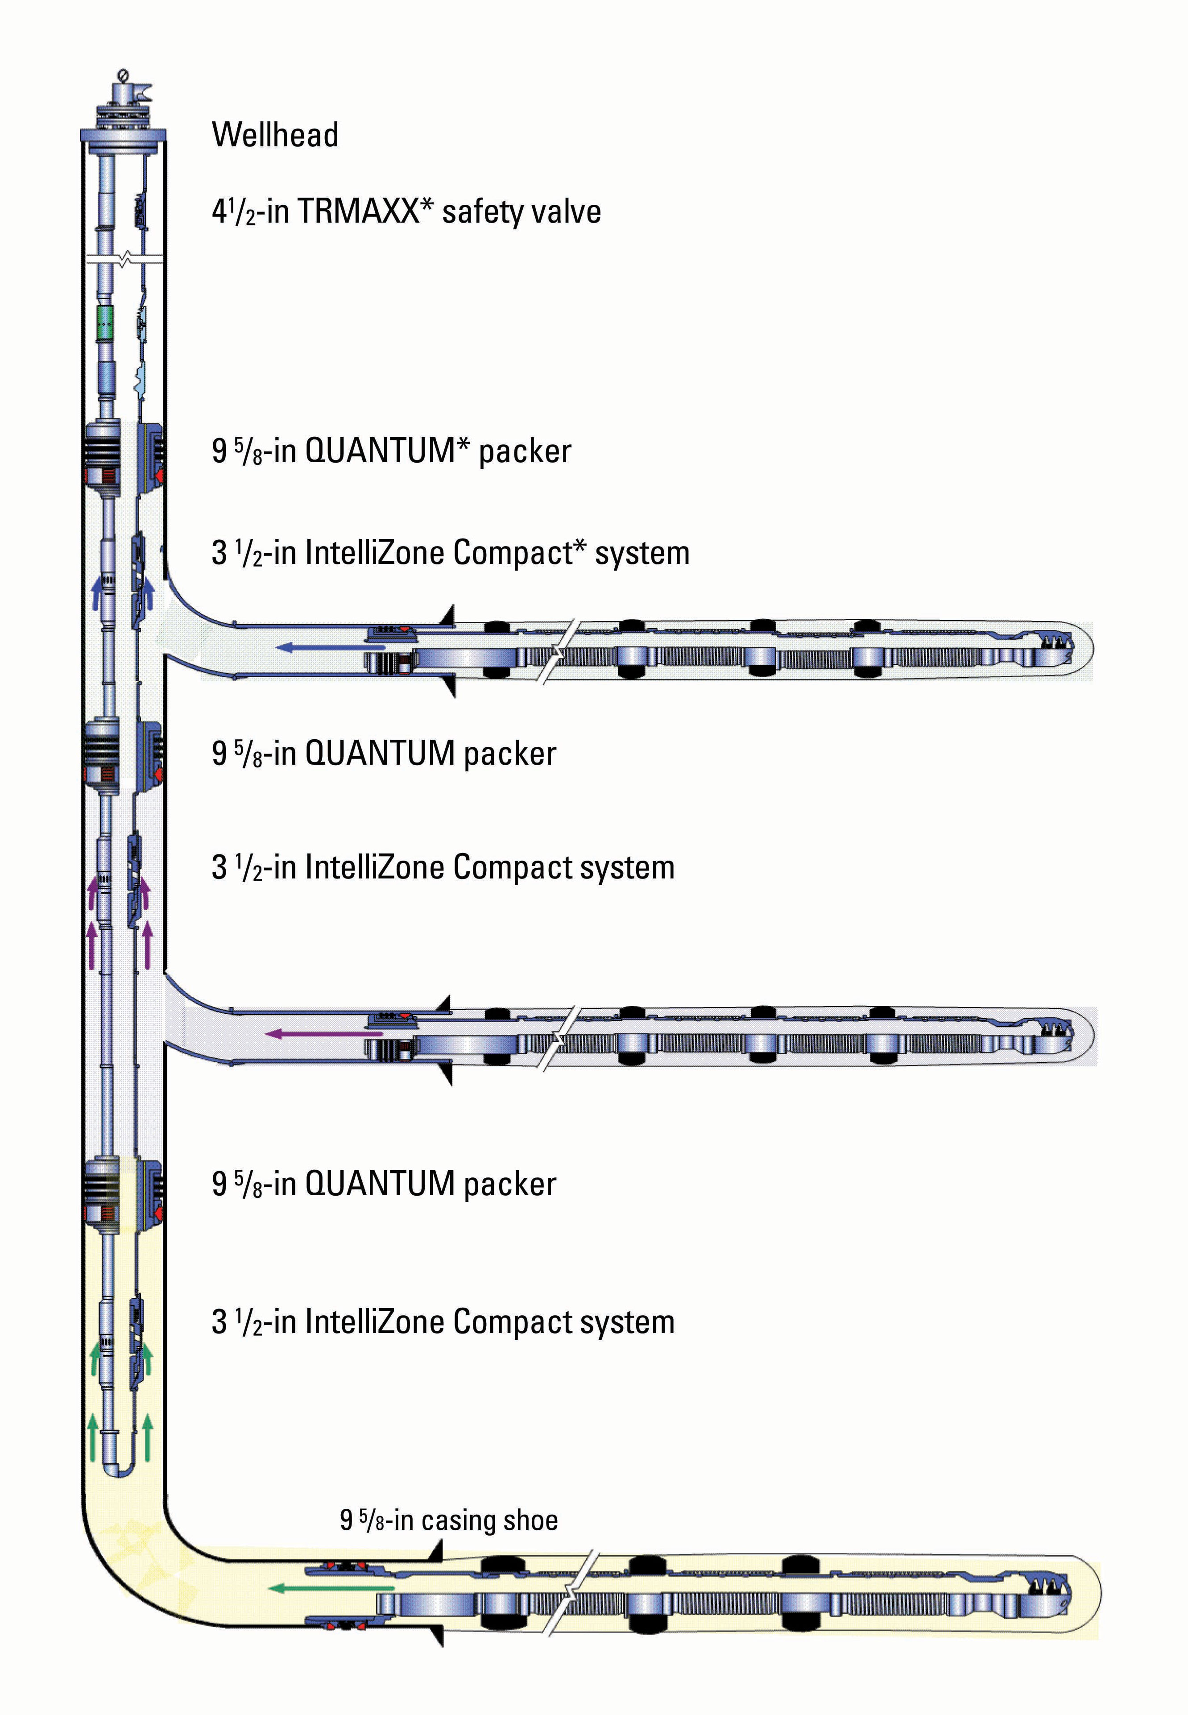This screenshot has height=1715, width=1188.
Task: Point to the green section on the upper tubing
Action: tap(107, 322)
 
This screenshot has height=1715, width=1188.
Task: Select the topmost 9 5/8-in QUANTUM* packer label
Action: tap(391, 451)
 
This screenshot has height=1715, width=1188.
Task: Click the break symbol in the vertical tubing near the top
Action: tap(123, 260)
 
